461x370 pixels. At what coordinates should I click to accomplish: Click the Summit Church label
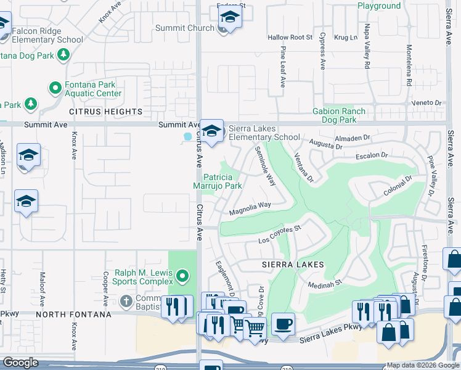pyautogui.click(x=184, y=28)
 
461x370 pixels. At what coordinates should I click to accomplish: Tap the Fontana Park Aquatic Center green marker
pyautogui.click(x=55, y=87)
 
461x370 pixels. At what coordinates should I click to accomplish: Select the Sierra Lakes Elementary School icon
pyautogui.click(x=212, y=131)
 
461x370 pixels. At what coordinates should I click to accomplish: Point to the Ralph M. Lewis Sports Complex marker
pyautogui.click(x=182, y=274)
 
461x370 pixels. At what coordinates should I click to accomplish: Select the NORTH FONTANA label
pyautogui.click(x=75, y=314)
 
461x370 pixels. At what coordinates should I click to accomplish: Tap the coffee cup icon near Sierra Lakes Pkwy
pyautogui.click(x=283, y=324)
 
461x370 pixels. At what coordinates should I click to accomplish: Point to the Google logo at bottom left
pyautogui.click(x=20, y=363)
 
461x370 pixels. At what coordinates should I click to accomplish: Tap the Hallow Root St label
pyautogui.click(x=290, y=38)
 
